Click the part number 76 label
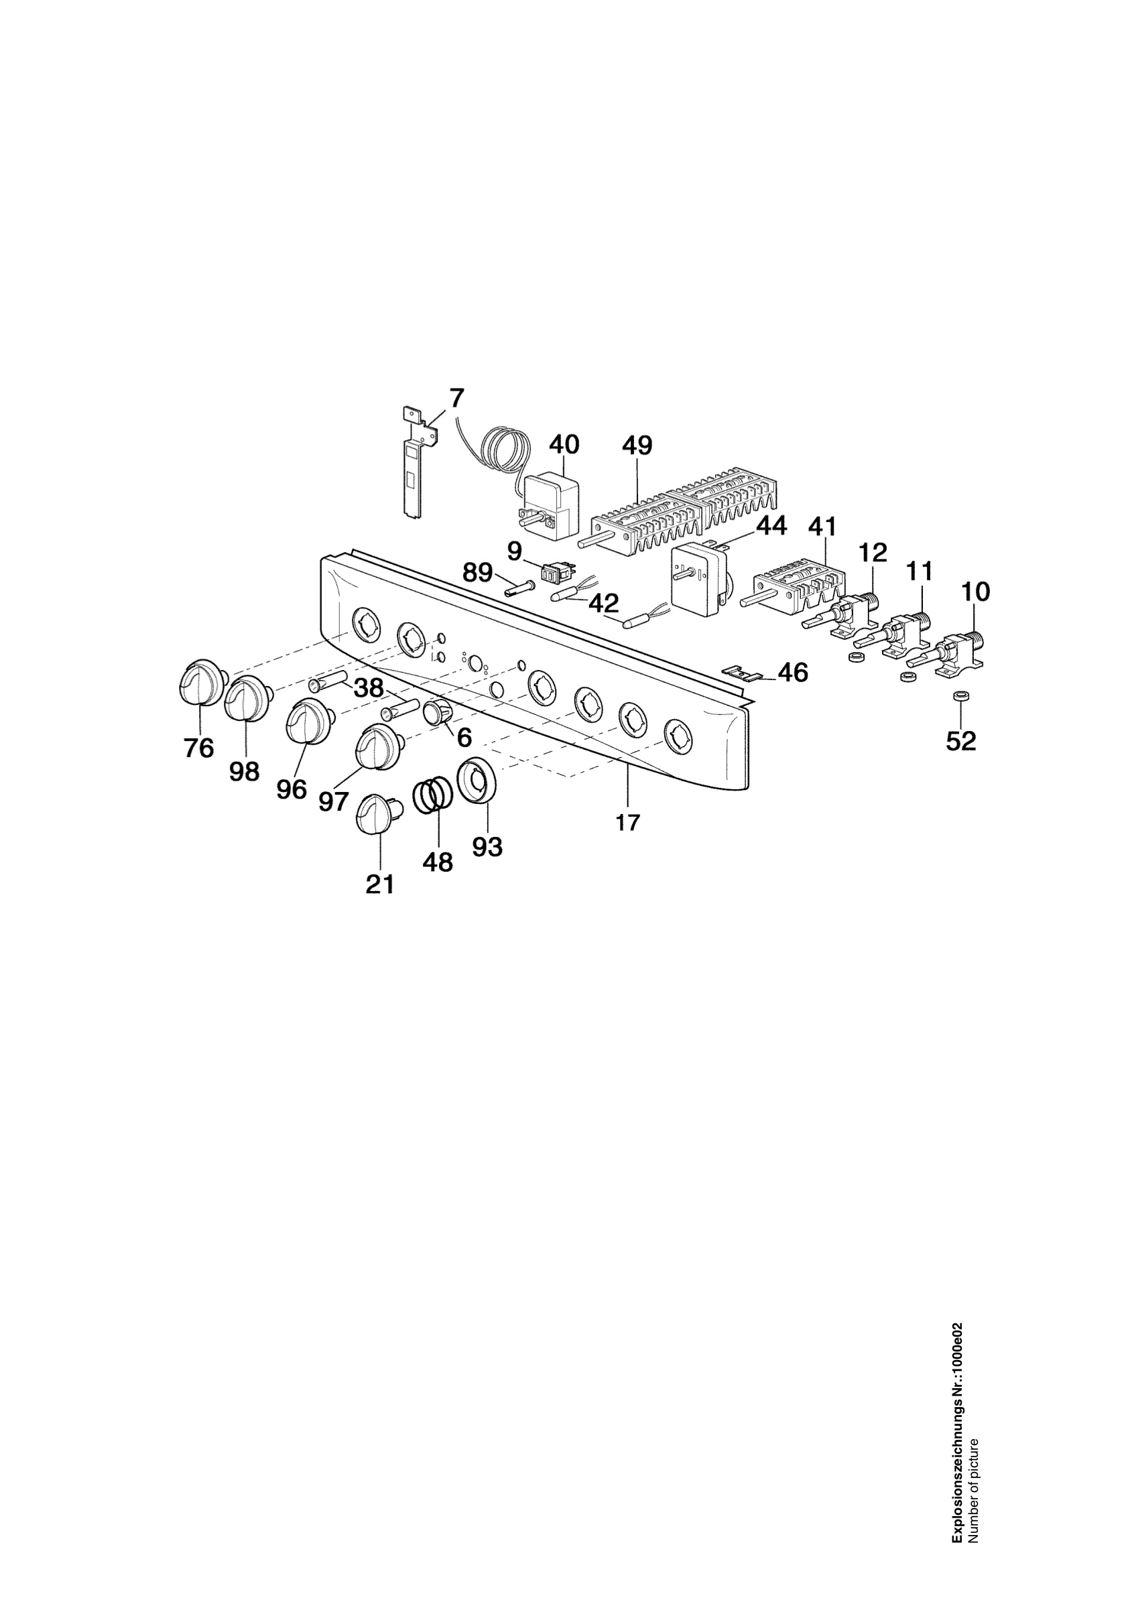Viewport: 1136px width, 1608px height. (199, 748)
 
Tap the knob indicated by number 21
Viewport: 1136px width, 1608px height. (379, 814)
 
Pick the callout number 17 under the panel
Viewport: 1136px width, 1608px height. (627, 822)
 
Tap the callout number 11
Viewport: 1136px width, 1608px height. (919, 572)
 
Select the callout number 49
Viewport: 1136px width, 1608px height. (637, 445)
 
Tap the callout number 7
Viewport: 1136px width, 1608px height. (456, 398)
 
